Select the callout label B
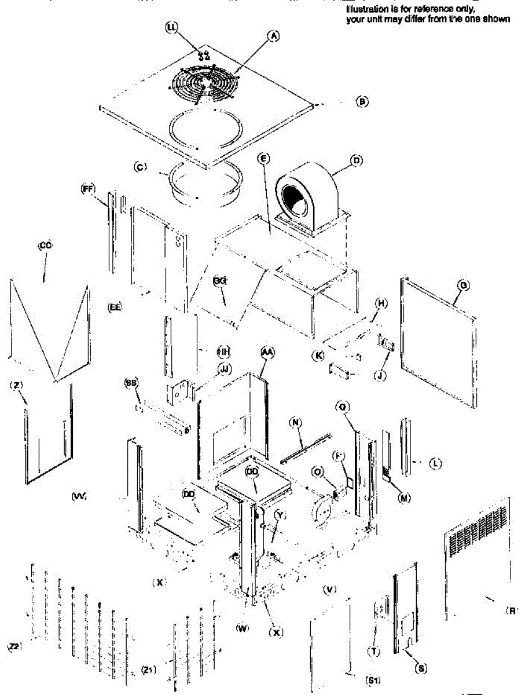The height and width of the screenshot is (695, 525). click(362, 101)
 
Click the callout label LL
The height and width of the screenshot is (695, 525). click(172, 28)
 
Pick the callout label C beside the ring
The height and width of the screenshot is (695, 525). click(139, 167)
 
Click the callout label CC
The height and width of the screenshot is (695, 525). click(45, 246)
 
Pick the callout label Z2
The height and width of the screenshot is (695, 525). click(14, 646)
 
